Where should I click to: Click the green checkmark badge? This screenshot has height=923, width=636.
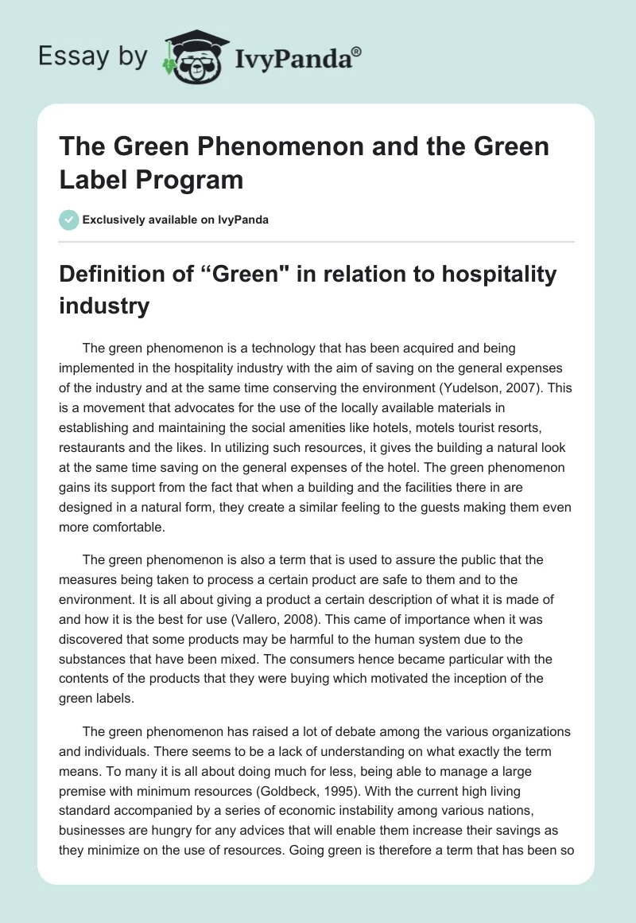pyautogui.click(x=68, y=220)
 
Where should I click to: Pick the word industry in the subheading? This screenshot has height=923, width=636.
pyautogui.click(x=104, y=306)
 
